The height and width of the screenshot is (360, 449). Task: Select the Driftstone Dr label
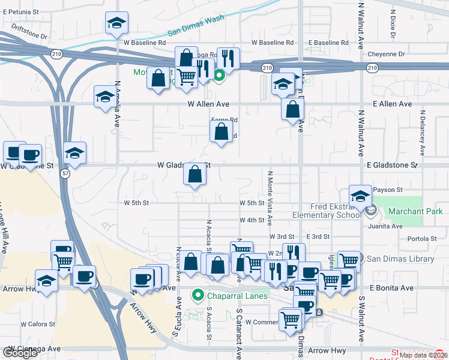(27, 36)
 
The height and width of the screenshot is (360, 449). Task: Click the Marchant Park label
(415, 211)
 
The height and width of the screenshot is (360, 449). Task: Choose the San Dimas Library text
(400, 259)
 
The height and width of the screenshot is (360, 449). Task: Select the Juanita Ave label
(388, 226)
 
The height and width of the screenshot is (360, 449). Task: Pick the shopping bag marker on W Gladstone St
(195, 175)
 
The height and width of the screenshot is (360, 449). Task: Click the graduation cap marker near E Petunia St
(116, 23)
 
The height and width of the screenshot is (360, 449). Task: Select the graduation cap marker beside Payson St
(360, 196)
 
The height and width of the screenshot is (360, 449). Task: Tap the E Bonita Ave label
(392, 288)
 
